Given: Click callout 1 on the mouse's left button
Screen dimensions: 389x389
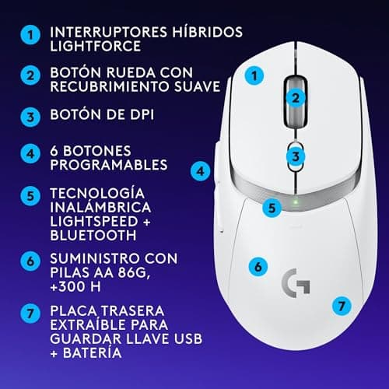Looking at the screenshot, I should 252,75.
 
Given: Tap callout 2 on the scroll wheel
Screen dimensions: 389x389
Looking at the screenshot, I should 296,97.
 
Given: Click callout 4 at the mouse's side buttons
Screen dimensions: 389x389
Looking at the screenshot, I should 200,170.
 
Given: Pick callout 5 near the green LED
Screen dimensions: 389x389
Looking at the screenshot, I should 271,207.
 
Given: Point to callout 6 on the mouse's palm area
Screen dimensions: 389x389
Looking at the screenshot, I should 255,265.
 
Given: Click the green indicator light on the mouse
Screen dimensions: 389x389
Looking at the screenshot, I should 296,205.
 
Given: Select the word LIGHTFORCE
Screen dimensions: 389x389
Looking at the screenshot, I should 93,48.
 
